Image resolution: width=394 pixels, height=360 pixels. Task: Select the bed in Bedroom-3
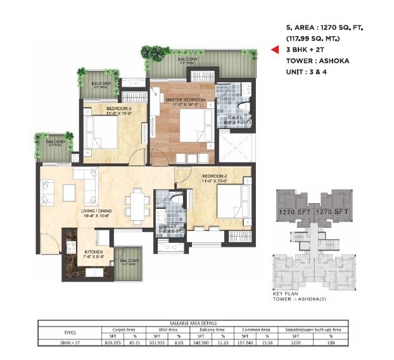click(103, 133)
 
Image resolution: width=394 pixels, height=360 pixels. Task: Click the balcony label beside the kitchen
click(130, 261)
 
